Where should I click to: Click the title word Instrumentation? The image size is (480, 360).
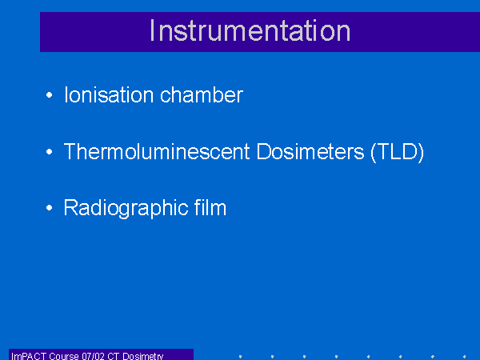(x=250, y=30)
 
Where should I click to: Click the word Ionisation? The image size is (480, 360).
(x=109, y=94)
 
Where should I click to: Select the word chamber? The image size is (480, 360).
(x=202, y=94)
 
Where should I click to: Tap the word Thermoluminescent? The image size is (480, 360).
(x=157, y=151)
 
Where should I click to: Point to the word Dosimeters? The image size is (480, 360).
(x=310, y=151)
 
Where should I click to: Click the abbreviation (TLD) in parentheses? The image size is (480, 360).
(x=397, y=152)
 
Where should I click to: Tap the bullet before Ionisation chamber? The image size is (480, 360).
(x=50, y=95)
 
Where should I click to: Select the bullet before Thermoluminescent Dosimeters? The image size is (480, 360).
(x=50, y=151)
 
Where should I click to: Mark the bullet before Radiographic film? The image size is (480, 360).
(x=50, y=208)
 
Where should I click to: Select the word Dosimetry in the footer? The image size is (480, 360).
(x=143, y=356)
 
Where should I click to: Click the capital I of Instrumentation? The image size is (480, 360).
(x=151, y=30)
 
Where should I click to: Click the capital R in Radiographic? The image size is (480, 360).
(x=70, y=207)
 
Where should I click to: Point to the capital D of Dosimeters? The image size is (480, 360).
(x=263, y=151)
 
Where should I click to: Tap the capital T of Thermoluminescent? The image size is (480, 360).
(x=70, y=151)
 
